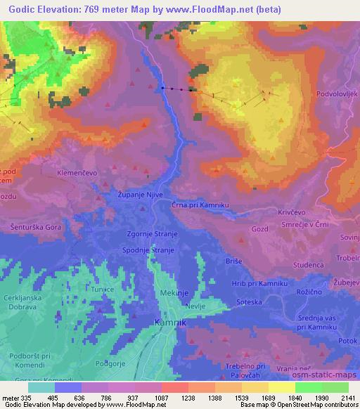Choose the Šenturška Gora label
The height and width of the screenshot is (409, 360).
35,228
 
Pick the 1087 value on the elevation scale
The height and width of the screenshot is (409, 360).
160,398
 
